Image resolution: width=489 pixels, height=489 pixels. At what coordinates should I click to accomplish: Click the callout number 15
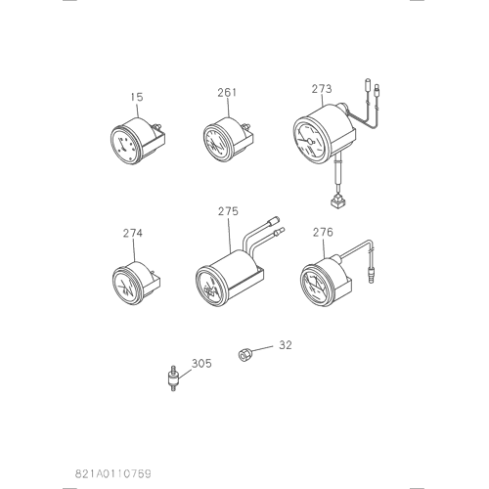[137, 97]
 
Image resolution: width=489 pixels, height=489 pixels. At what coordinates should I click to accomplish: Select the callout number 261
[227, 93]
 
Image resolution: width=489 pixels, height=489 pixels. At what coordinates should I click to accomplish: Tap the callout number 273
[322, 89]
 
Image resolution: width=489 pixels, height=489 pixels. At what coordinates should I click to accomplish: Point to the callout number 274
[133, 233]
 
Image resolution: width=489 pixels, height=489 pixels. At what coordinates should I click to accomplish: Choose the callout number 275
[228, 211]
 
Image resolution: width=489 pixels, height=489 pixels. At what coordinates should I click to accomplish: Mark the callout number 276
[323, 232]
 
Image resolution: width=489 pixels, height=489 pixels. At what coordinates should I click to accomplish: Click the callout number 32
[286, 345]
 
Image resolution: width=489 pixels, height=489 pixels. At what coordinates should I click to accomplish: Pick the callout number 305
[201, 363]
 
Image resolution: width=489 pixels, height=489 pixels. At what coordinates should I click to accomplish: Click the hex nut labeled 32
[244, 354]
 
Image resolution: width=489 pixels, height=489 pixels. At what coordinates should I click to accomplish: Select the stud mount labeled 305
[174, 378]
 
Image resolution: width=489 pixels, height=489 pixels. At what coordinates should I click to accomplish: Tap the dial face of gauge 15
[124, 145]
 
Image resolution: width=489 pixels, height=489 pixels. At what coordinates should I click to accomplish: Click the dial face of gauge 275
[210, 287]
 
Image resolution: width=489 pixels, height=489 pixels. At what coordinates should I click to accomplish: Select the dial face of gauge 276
[314, 284]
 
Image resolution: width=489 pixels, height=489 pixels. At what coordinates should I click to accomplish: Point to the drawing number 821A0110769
[113, 473]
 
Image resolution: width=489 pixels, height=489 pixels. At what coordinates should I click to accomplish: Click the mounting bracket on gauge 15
[156, 140]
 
